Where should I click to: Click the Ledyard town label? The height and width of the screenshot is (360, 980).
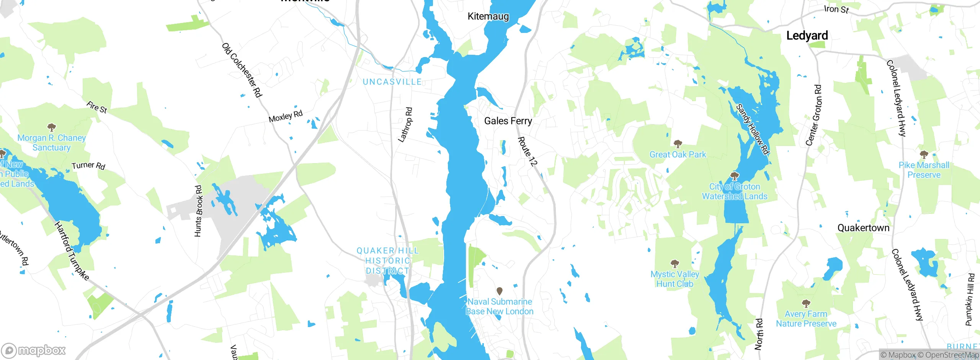[807, 36]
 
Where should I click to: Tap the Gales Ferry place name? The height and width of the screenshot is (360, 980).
[508, 121]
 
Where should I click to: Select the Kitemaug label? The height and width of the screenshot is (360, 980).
[488, 16]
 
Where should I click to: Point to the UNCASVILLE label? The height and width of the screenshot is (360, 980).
[392, 82]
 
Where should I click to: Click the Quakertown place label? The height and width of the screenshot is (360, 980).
[863, 228]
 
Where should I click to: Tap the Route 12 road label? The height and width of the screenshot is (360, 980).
[528, 152]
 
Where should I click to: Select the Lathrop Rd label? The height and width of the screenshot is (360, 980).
[405, 125]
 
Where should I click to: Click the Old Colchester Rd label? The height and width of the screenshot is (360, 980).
[242, 70]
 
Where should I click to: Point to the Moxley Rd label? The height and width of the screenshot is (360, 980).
[286, 116]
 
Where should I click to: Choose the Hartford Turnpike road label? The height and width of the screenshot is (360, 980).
[72, 251]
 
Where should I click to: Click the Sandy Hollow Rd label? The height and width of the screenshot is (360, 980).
[753, 129]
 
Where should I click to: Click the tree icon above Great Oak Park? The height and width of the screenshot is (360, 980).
[678, 144]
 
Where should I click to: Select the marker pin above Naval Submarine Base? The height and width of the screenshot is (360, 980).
[500, 291]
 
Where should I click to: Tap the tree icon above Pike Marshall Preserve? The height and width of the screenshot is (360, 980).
[924, 154]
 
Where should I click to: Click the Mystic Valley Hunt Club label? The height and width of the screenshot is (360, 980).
[675, 279]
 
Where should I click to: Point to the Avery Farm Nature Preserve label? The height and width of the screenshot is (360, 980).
[806, 319]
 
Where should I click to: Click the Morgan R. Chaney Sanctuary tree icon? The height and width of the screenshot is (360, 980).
[51, 127]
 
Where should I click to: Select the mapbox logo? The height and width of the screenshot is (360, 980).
[34, 350]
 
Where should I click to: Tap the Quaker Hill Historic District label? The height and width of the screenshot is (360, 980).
[387, 260]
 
